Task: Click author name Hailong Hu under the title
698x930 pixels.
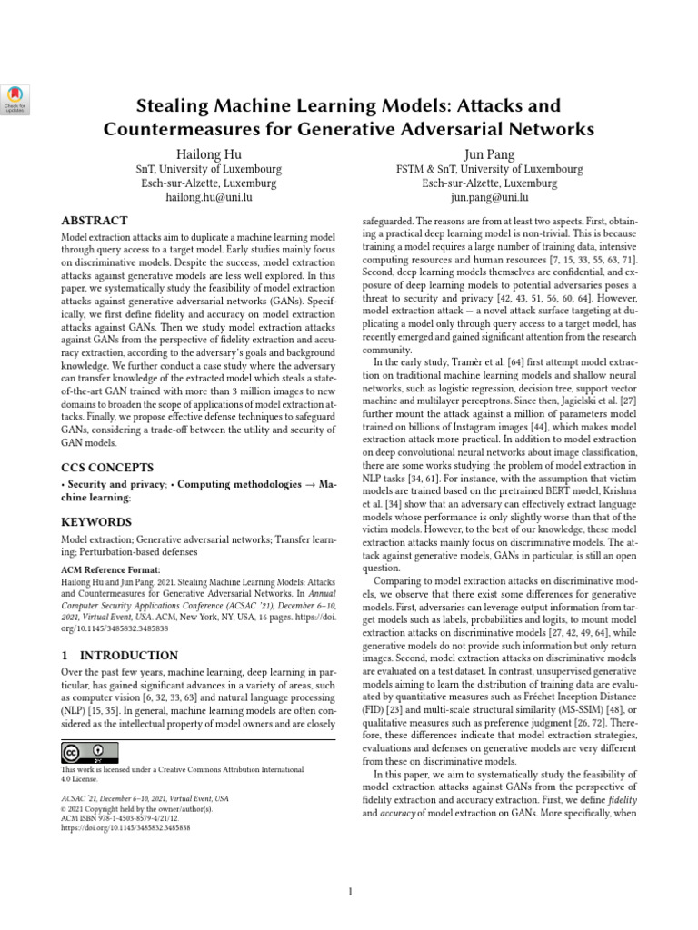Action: [208, 153]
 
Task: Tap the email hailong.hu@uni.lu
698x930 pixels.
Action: [208, 197]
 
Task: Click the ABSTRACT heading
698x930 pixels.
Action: [94, 221]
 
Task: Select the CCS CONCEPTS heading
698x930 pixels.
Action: [104, 467]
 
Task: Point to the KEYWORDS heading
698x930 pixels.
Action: [95, 522]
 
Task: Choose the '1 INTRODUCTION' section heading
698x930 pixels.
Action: [119, 655]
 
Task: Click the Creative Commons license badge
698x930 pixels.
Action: [90, 752]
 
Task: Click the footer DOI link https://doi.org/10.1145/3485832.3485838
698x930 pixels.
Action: [125, 828]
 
